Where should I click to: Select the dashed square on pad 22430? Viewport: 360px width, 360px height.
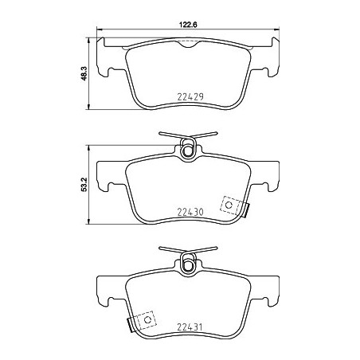click(x=232, y=205)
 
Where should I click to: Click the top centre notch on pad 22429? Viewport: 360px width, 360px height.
click(x=188, y=45)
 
